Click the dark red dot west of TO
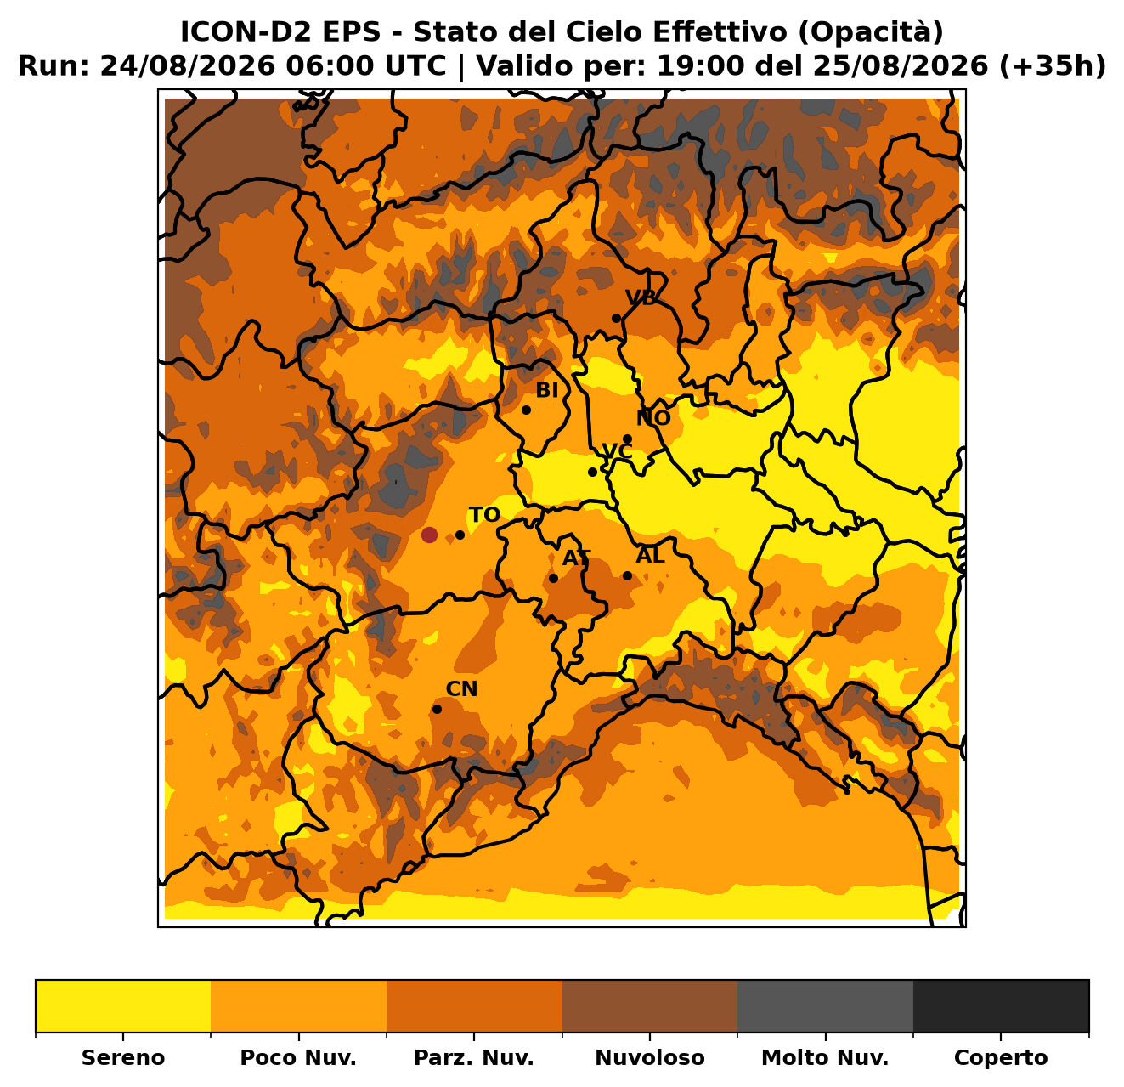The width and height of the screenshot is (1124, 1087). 428,535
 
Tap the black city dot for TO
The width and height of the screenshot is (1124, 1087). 460,535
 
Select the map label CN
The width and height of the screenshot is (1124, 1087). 461,689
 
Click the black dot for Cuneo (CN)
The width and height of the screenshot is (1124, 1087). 437,709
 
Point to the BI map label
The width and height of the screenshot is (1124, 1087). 546,391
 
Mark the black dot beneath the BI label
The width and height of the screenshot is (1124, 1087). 526,410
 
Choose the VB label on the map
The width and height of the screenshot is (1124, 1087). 641,297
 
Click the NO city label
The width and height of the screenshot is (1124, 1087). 653,418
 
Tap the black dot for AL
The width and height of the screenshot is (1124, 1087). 627,575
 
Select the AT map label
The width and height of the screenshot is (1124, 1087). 576,558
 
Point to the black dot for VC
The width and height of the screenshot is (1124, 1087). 592,473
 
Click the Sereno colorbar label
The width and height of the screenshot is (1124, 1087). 123,1057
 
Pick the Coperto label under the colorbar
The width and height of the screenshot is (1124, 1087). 1001,1058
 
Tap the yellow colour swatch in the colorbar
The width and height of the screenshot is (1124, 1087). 123,1006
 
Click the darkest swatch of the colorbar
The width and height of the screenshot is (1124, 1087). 1001,1006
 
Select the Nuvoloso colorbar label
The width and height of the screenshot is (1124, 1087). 650,1057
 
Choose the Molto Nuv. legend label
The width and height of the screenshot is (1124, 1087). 825,1057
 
